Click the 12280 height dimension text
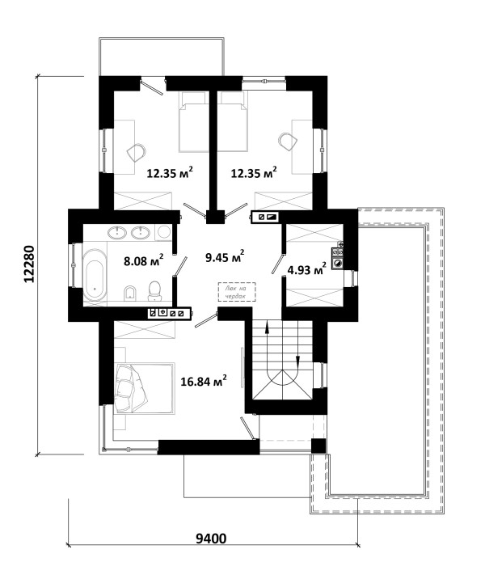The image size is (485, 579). [29, 264]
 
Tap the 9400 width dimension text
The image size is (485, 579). [211, 539]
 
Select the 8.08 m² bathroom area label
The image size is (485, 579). [144, 260]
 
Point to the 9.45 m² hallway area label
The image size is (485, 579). [225, 256]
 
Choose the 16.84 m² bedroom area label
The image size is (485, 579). [204, 381]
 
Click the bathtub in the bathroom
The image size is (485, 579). [95, 275]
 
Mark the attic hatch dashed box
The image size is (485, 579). [237, 292]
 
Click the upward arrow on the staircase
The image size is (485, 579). [266, 328]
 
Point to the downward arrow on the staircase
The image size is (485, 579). [297, 361]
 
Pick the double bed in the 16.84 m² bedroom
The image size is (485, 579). [144, 388]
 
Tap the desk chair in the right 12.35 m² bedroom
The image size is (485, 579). [288, 141]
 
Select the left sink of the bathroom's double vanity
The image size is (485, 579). [117, 232]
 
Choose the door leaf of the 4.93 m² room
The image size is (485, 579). [278, 264]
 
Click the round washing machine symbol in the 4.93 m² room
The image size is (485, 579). [338, 263]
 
